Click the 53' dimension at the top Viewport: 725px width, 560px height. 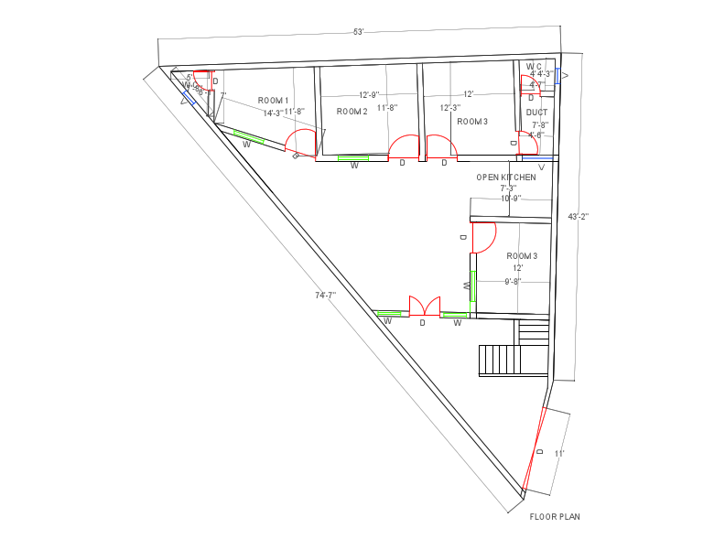tap(359, 32)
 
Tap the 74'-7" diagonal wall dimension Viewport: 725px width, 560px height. tap(326, 296)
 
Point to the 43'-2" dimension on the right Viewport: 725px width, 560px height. tap(579, 217)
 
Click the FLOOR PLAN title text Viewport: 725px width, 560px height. tap(555, 517)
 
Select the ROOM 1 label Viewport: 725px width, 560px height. tap(273, 100)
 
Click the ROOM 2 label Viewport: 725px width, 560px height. tap(352, 111)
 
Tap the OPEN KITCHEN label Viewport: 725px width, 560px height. tap(506, 177)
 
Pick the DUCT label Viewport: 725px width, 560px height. tap(536, 113)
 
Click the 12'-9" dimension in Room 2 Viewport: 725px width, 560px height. tap(369, 94)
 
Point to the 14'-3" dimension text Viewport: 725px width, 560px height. tap(273, 113)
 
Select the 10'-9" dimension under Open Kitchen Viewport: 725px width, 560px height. tap(510, 199)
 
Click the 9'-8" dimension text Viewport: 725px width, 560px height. tap(513, 282)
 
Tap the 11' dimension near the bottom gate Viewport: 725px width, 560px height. tap(559, 453)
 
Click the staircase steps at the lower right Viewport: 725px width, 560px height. tap(499, 360)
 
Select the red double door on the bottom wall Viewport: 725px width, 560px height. tap(424, 306)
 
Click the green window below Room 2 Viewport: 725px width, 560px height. tap(353, 158)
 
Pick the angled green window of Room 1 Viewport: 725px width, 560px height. tap(249, 138)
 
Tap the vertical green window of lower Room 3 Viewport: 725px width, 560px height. tap(473, 285)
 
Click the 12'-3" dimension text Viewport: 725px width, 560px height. tap(449, 107)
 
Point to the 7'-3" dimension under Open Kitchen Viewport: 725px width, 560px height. tap(508, 188)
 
